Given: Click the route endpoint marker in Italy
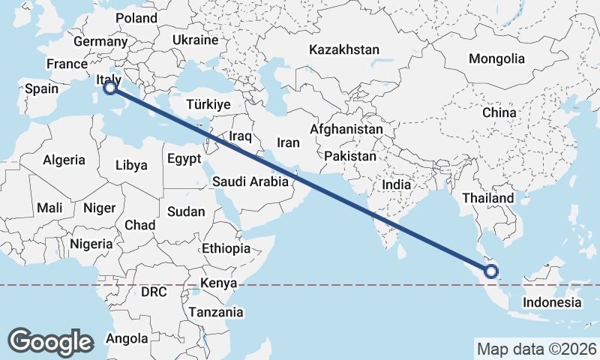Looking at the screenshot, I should pyautogui.click(x=110, y=88).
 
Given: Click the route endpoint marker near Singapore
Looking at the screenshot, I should pyautogui.click(x=492, y=271).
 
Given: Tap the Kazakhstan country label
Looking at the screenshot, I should pyautogui.click(x=344, y=49).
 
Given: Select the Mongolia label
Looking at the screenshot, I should pyautogui.click(x=496, y=58).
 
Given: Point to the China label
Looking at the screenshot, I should pyautogui.click(x=499, y=112).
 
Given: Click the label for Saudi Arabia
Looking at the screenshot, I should pyautogui.click(x=250, y=181).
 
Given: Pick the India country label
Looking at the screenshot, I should pyautogui.click(x=396, y=184).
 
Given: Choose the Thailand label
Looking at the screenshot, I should pyautogui.click(x=488, y=198).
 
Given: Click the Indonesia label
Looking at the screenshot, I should pyautogui.click(x=552, y=302).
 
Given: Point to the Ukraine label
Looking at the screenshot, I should pyautogui.click(x=195, y=40).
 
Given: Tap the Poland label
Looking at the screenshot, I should pyautogui.click(x=136, y=18).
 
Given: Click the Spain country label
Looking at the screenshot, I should pyautogui.click(x=41, y=88).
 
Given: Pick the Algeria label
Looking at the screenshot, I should pyautogui.click(x=64, y=160).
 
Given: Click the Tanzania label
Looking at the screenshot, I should pyautogui.click(x=216, y=312).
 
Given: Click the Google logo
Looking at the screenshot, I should pyautogui.click(x=50, y=342).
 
